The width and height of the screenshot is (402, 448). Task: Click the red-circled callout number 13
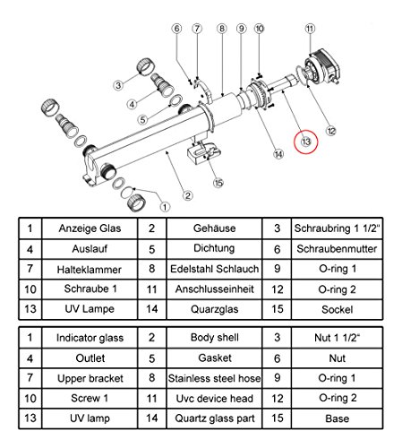point(308,141)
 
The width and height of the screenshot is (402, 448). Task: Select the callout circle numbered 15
point(218,185)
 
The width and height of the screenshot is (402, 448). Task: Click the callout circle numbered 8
point(220,30)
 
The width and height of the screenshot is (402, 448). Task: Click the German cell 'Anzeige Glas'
point(90,229)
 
